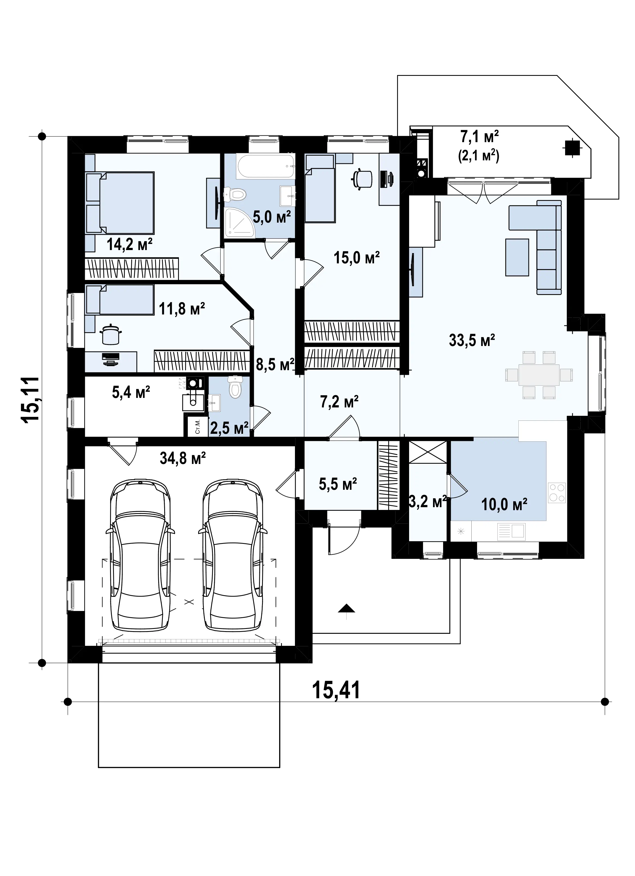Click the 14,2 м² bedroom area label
[x=130, y=244]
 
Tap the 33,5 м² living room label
[x=472, y=340]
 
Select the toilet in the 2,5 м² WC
[x=235, y=387]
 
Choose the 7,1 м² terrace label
[x=479, y=137]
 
